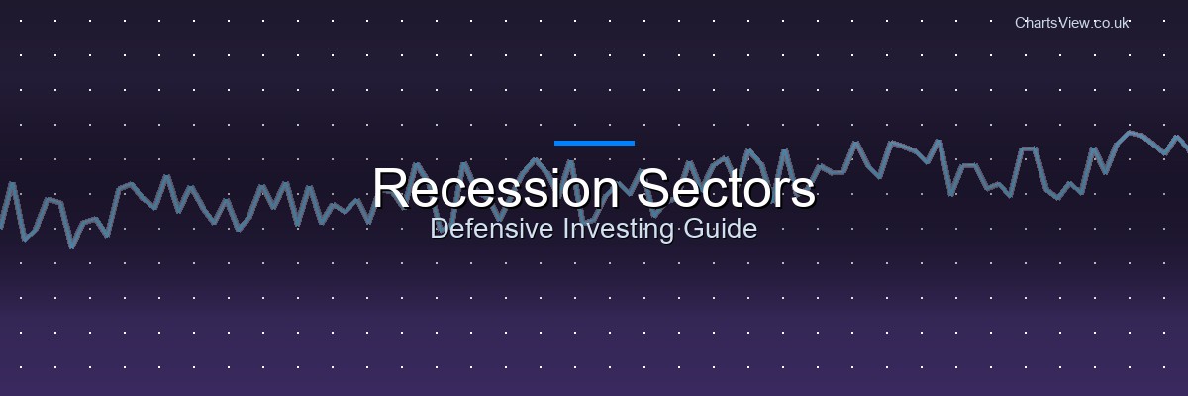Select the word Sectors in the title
726,188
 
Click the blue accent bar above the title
594,143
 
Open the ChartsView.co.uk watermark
1072,22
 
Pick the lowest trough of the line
72,246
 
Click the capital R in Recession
389,188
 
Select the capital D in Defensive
439,230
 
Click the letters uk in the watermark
1121,22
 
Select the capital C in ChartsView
1021,22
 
